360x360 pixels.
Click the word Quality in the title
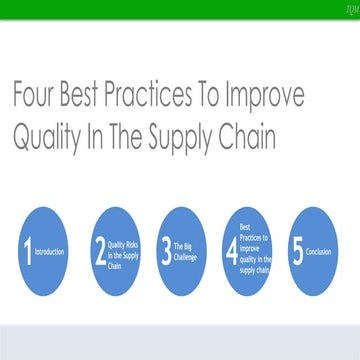pyautogui.click(x=51, y=137)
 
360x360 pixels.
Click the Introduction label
pyautogui.click(x=49, y=253)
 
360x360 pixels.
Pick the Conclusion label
pyautogui.click(x=319, y=253)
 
